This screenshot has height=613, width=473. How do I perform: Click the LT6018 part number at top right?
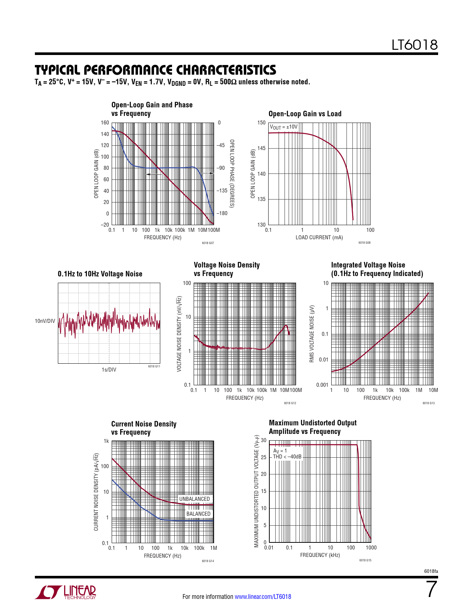click(414, 45)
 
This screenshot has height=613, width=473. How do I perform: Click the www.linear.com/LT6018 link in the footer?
click(263, 597)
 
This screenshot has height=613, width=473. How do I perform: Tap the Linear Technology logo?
click(66, 592)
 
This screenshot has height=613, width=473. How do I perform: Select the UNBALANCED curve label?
click(194, 499)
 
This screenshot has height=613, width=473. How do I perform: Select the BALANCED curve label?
click(198, 514)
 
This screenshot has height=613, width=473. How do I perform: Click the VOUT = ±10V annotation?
click(283, 127)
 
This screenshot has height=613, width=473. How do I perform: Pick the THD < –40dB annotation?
click(287, 457)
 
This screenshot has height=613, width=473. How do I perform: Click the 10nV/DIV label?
click(45, 321)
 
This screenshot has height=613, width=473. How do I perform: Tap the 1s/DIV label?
click(109, 370)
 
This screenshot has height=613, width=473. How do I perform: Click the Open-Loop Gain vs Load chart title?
click(305, 114)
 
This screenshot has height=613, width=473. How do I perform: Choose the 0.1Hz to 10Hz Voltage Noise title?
click(100, 274)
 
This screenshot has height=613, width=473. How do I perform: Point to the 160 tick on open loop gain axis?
click(105, 123)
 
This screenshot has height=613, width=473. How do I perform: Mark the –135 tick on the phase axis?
click(222, 191)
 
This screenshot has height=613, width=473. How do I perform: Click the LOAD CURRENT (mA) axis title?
click(319, 237)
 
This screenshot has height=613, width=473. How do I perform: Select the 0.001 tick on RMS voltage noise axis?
click(322, 385)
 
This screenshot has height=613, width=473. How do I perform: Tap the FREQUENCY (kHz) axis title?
click(320, 555)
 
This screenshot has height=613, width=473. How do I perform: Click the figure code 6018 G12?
click(290, 403)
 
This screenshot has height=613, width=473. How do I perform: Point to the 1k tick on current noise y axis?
click(106, 441)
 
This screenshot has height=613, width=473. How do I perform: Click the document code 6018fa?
click(431, 571)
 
